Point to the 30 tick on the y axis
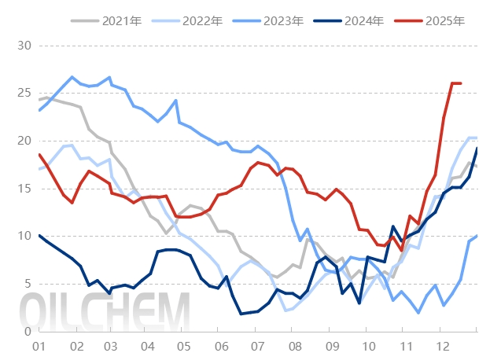point(23,46)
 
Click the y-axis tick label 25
point(23,94)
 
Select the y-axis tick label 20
point(23,141)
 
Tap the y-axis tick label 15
point(23,189)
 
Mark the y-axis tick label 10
point(23,237)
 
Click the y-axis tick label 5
point(26,284)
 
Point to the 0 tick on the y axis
point(26,332)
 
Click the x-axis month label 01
point(37,346)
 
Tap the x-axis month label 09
point(331,346)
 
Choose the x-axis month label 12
point(440,346)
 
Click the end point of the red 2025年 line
point(461,83)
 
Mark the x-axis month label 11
point(403,346)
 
